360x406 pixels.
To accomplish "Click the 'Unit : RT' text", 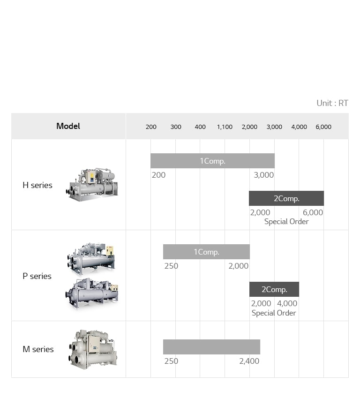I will [x=332, y=103].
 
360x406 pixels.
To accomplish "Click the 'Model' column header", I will [x=68, y=126].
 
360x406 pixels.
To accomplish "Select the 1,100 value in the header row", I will [x=225, y=127].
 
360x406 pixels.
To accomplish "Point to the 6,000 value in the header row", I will [x=323, y=127].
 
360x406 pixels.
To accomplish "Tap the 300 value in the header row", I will [x=176, y=127].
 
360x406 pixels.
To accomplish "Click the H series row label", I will [x=37, y=185].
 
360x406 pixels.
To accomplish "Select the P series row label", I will [x=37, y=276].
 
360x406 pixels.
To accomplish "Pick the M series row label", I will [x=38, y=349].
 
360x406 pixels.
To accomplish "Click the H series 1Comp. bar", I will [x=212, y=161].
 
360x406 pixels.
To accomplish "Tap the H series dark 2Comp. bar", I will [x=286, y=198].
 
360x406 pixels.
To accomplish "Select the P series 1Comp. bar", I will [x=206, y=252].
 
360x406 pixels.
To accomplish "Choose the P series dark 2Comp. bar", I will [x=274, y=289].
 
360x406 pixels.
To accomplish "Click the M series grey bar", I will [x=211, y=347].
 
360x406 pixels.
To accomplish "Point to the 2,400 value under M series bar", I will [x=249, y=361].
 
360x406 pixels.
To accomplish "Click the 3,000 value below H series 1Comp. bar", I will [x=263, y=175].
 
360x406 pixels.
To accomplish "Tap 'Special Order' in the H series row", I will [x=286, y=222].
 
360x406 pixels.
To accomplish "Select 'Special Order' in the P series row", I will [x=274, y=313].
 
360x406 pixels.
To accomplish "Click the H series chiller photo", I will [x=92, y=184].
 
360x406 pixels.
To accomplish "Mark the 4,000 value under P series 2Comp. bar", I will [x=287, y=303].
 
